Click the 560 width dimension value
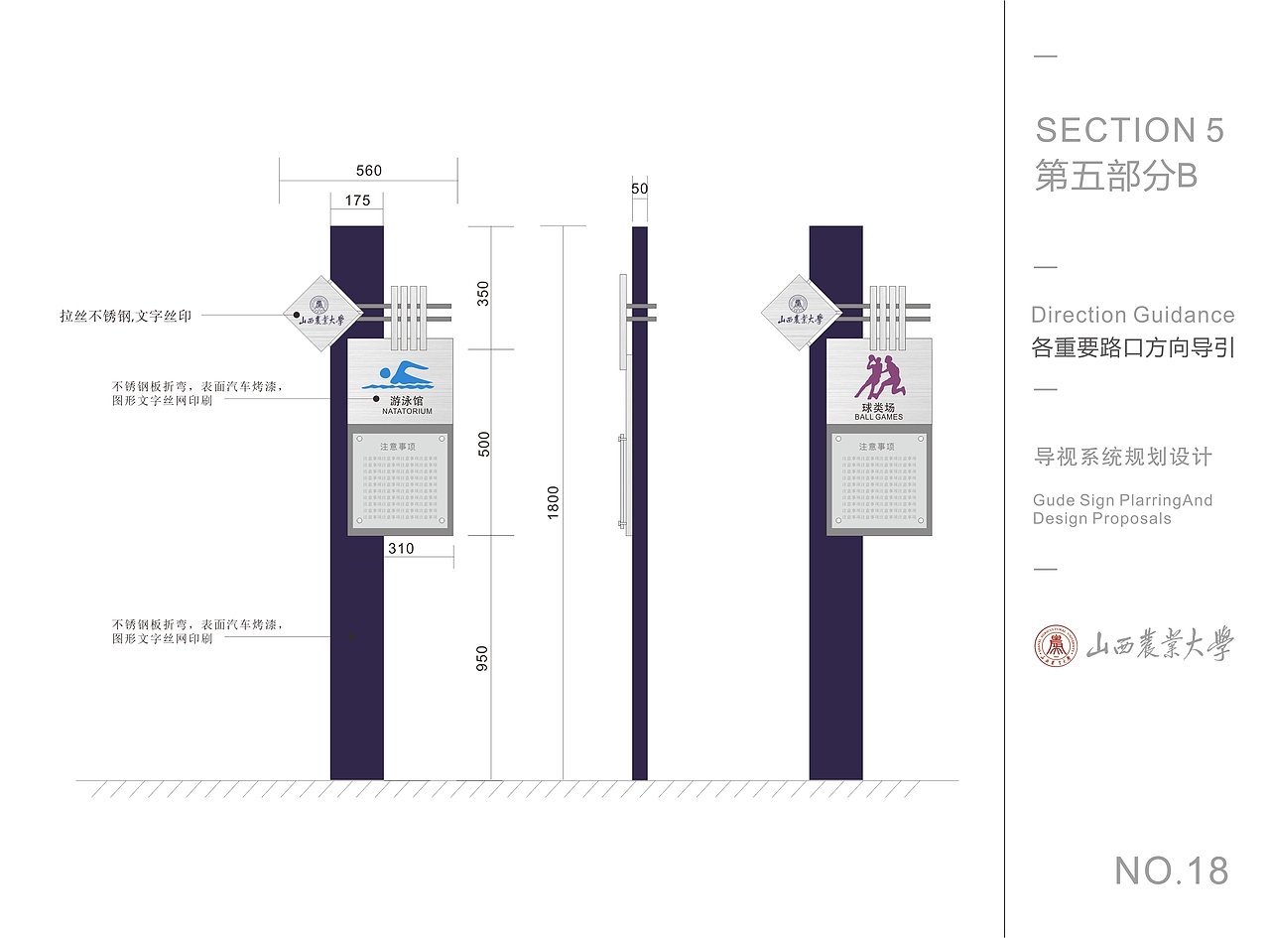tap(367, 171)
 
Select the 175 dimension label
tap(357, 201)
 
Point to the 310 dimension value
tap(401, 549)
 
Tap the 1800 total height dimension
tap(553, 501)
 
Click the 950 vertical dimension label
tap(482, 658)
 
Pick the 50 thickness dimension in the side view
tap(639, 188)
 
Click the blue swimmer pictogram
tap(397, 376)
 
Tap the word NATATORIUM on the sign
tap(407, 411)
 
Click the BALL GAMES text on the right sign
tap(879, 417)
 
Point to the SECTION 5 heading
tap(1129, 130)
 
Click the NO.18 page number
tap(1171, 871)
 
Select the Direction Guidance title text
tap(1132, 316)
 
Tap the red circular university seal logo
tap(1055, 646)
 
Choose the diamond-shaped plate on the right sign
tap(800, 313)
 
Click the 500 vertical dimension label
tap(483, 444)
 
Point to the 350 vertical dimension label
tap(483, 294)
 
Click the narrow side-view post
tap(640, 596)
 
